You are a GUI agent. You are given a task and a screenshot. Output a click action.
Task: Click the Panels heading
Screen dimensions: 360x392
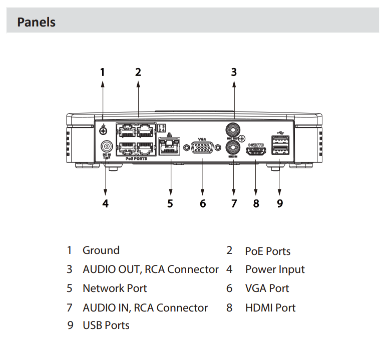36,22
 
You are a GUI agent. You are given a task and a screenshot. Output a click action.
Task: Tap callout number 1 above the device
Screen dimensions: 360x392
103,72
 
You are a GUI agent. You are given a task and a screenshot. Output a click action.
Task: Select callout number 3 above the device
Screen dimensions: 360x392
234,72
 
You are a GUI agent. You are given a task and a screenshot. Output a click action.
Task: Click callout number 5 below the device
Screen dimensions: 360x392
170,203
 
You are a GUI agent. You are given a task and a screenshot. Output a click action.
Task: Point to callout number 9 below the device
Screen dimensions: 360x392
279,203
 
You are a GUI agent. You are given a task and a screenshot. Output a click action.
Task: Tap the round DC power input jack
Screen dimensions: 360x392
106,146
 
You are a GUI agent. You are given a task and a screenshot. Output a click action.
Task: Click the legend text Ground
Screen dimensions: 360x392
101,250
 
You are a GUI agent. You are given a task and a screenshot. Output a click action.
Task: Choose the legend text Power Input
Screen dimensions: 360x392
274,269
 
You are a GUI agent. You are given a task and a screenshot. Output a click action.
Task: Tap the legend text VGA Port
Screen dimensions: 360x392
267,288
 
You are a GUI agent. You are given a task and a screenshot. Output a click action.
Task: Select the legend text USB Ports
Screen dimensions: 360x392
106,325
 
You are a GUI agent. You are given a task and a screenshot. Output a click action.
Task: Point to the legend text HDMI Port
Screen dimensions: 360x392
270,307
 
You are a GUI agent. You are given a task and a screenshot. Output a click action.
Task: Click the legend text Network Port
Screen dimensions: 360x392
114,288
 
